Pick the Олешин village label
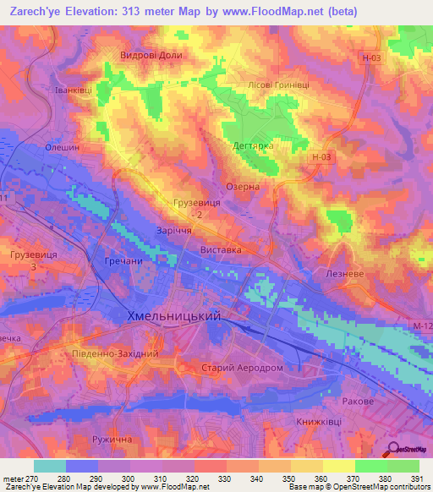coord(62,146)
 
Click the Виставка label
coord(222,251)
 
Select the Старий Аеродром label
coord(241,369)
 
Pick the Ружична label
coord(114,440)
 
